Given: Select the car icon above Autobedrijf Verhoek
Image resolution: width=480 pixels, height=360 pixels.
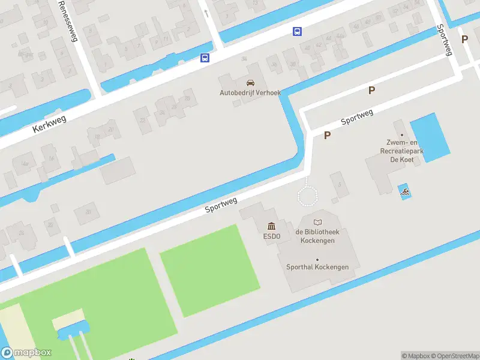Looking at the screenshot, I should [250, 83].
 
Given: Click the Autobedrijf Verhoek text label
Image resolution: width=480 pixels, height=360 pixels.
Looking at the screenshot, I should [250, 93].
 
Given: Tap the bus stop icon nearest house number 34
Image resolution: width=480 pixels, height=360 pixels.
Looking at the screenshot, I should [205, 58].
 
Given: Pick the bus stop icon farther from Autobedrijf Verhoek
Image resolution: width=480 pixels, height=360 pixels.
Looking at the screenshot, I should [297, 31].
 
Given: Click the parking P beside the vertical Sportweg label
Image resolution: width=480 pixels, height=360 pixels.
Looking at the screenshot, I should [464, 39].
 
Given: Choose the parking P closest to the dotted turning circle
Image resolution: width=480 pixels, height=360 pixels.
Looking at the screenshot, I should [327, 136].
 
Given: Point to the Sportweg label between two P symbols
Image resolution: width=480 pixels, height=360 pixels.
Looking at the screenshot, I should [357, 116].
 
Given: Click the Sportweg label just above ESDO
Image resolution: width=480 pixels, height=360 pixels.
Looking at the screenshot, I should [221, 205].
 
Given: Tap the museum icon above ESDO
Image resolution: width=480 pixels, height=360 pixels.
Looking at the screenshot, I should [271, 226].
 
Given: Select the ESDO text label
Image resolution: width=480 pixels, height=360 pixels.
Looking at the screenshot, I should [271, 236].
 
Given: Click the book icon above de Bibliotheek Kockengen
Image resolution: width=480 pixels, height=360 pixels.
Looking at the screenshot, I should [317, 223].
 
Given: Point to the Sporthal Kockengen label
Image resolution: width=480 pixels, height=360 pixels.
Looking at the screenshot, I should [317, 267].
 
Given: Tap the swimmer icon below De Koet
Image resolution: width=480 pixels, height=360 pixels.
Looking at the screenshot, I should [406, 193].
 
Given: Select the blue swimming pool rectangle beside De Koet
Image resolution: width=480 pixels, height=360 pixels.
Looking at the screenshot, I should [430, 137].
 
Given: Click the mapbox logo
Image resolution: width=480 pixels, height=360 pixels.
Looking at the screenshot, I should [26, 353].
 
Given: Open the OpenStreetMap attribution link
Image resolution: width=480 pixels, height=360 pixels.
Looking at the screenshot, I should [454, 356].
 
